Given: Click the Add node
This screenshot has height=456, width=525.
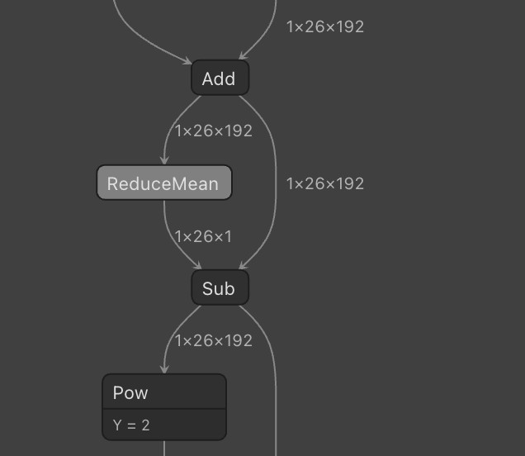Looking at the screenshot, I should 220,78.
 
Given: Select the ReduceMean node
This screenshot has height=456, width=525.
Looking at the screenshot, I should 163,183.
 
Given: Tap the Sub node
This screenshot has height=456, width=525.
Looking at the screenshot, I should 220,288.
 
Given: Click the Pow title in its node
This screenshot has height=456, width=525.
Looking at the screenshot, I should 130,392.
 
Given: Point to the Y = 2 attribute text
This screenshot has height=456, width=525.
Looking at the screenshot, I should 132,426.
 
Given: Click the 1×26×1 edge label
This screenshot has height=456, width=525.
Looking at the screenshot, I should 203,236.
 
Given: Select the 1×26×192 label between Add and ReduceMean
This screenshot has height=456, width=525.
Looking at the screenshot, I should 214,131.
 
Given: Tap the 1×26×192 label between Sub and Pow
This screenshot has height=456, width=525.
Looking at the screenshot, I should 214,340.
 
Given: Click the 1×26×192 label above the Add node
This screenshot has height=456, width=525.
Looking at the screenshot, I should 324,26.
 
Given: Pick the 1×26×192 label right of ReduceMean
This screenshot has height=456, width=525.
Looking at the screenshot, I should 324,183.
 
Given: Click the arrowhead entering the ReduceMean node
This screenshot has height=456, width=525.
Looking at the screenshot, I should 164,161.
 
